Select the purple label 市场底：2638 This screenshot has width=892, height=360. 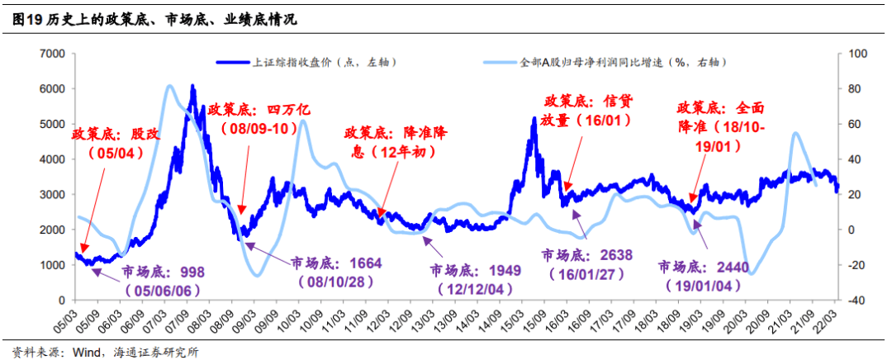[586, 263]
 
